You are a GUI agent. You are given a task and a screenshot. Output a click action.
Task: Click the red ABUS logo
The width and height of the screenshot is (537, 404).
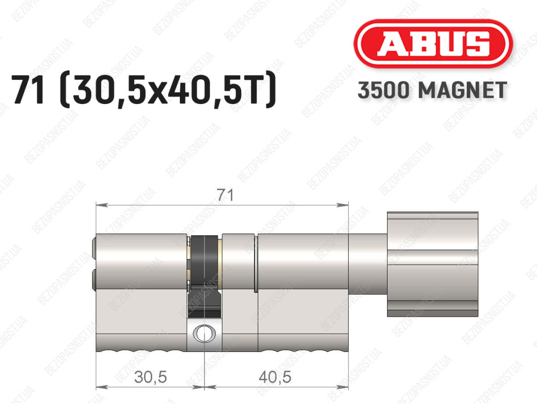point(433,44)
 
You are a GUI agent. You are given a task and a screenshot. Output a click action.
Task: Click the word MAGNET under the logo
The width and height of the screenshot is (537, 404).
point(463,90)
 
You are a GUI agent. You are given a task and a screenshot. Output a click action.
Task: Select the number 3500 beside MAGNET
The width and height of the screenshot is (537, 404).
point(383,90)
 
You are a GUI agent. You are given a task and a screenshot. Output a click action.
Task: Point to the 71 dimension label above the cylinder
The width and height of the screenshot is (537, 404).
point(225,195)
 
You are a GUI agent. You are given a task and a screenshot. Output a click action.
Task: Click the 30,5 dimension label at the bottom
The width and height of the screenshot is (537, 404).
point(151,377)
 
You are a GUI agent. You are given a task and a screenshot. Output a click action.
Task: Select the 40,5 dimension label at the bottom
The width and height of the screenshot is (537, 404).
point(275,377)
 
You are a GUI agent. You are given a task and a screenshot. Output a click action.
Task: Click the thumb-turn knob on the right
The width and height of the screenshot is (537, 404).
point(433,264)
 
